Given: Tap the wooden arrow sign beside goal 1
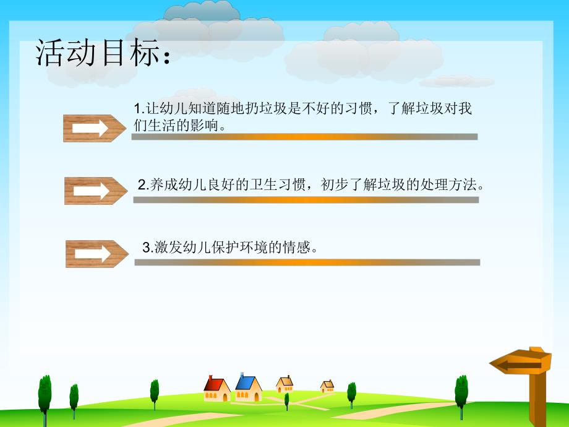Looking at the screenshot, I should click(x=94, y=128).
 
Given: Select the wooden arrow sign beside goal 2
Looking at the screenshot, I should click(x=95, y=191).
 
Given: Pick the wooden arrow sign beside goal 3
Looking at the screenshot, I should click(x=96, y=254).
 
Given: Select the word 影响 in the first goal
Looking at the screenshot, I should click(x=208, y=125).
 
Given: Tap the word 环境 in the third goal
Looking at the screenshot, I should click(x=256, y=248).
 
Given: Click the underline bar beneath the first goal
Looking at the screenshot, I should click(x=304, y=137).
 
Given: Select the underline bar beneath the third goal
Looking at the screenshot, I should click(x=307, y=262).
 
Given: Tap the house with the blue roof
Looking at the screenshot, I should click(x=248, y=387).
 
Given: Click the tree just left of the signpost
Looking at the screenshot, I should click(x=461, y=394).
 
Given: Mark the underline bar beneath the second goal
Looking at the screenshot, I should click(x=306, y=200).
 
